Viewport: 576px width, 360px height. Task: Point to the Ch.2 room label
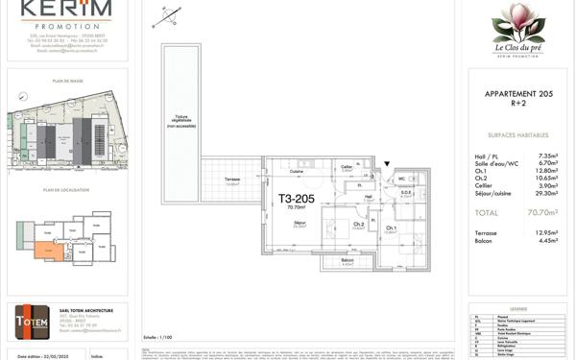[x=358, y=225]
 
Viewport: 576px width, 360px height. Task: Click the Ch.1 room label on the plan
[x=391, y=227]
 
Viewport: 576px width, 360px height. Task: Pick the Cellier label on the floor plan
[x=347, y=166]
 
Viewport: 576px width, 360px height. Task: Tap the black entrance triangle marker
[x=387, y=164]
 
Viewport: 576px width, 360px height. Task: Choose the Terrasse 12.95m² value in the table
[x=544, y=233]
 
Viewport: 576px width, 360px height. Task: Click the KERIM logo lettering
[x=65, y=9]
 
